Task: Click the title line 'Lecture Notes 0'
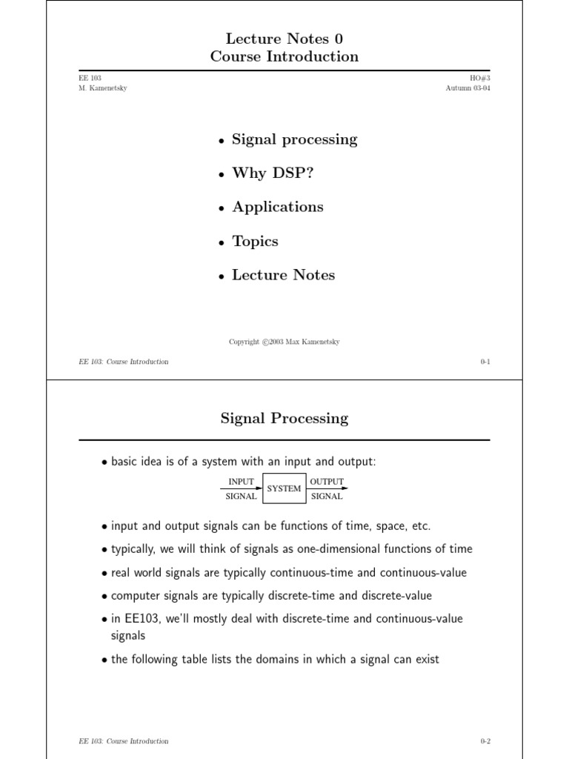click(x=284, y=39)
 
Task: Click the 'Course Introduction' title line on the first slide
click(x=284, y=56)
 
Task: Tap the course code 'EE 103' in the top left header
click(x=90, y=78)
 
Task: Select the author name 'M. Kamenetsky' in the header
click(x=102, y=88)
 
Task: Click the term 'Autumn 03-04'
click(x=467, y=88)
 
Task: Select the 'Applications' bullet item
click(x=278, y=208)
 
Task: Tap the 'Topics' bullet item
click(x=255, y=242)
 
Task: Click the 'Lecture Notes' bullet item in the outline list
click(x=283, y=275)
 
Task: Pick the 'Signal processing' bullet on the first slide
click(x=294, y=139)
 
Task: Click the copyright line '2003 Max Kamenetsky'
click(x=284, y=342)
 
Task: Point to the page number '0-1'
click(x=485, y=362)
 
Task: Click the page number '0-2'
click(x=485, y=741)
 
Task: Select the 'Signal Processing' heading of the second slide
click(x=284, y=419)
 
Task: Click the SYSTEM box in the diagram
click(x=284, y=488)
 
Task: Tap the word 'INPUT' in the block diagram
click(x=241, y=482)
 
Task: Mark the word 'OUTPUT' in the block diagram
click(x=327, y=482)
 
